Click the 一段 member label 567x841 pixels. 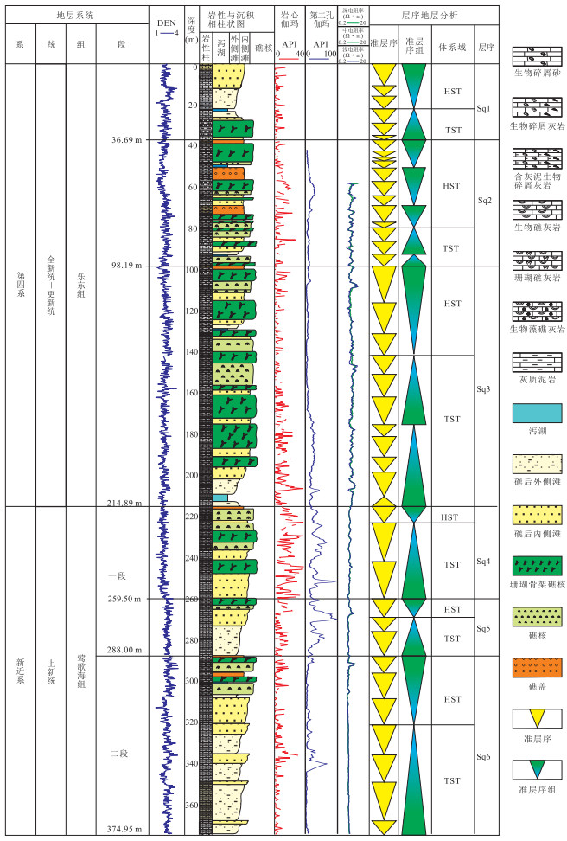pos(118,550)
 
